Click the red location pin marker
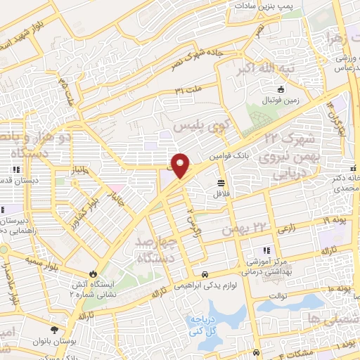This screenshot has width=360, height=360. click(181, 165)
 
